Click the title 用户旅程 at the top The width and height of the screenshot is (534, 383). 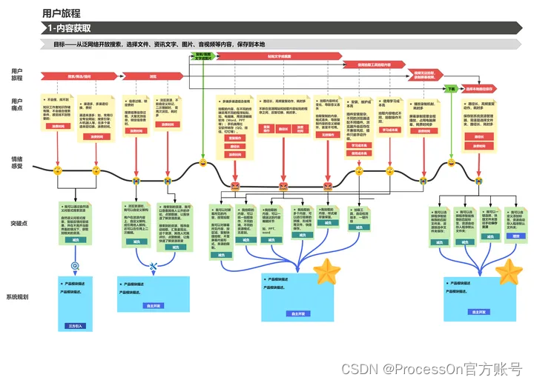coord(62,13)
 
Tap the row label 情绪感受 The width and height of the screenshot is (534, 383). coord(16,163)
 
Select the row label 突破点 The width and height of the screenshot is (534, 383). coord(16,223)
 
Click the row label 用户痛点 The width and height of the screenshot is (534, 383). coord(16,104)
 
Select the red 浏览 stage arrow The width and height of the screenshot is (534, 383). coord(153,76)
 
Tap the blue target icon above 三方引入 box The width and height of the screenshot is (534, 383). coord(75,264)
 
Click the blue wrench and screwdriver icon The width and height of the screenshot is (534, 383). coord(154,266)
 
